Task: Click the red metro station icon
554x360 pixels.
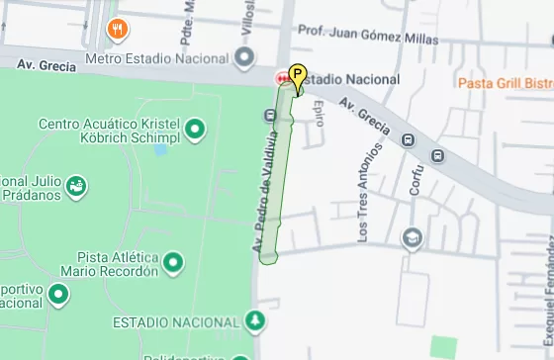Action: point(280,78)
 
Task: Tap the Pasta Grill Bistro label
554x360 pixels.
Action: point(505,84)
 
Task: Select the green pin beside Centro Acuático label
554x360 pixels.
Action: point(195,129)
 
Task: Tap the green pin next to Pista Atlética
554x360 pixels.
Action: point(173,262)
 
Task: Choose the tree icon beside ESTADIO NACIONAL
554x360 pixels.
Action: point(256,320)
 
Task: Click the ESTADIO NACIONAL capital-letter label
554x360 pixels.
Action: point(176,322)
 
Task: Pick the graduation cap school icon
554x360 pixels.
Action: point(412,237)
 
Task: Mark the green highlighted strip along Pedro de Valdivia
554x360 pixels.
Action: point(280,168)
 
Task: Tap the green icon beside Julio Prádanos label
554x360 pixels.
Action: point(76,185)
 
